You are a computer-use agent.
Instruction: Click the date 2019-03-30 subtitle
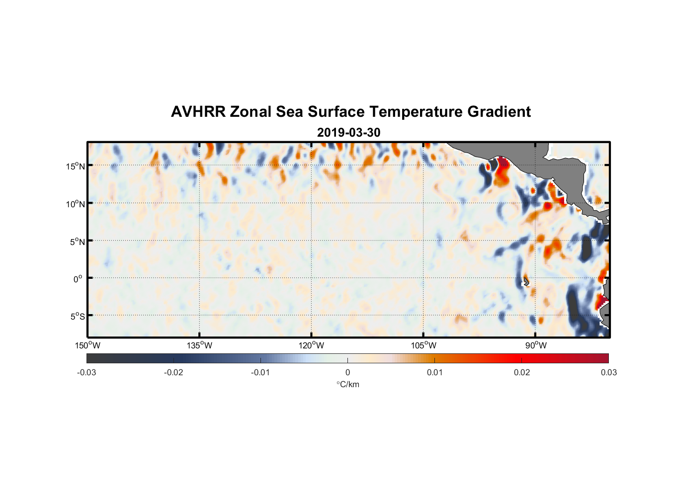[x=348, y=132]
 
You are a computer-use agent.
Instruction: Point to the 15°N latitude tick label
[x=76, y=166]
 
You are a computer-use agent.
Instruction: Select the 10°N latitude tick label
[x=76, y=204]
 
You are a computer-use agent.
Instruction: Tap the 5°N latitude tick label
[x=77, y=242]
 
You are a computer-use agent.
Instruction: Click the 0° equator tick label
[x=78, y=279]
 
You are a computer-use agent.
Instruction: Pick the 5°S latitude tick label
[x=77, y=317]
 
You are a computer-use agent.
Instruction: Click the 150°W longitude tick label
[x=88, y=345]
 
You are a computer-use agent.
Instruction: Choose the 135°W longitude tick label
[x=200, y=345]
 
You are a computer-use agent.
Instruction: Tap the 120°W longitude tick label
[x=312, y=345]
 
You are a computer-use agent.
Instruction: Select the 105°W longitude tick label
[x=423, y=345]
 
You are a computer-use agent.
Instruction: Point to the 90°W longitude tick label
[x=535, y=345]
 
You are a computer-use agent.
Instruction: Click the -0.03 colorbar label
[x=86, y=372]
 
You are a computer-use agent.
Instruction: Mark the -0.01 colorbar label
[x=260, y=372]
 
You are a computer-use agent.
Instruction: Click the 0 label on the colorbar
[x=347, y=372]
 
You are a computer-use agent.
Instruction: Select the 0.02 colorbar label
[x=522, y=372]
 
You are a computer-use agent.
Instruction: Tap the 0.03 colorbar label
[x=608, y=372]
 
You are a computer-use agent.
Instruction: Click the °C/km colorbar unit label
[x=347, y=384]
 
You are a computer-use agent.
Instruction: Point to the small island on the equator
[x=526, y=281]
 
